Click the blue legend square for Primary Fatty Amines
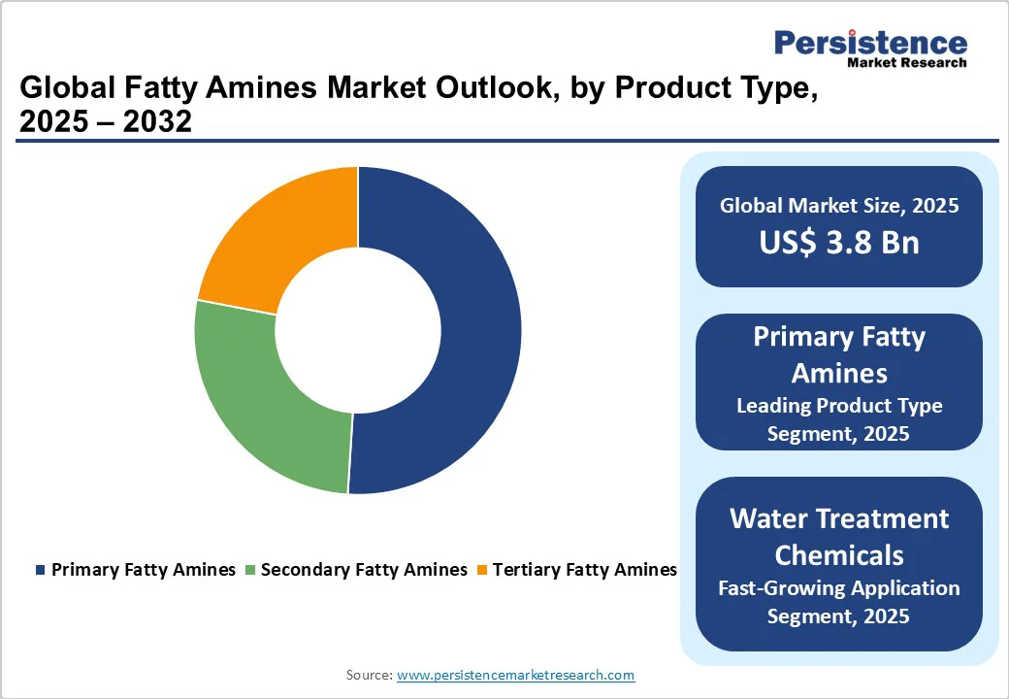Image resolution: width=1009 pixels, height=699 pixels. (x=40, y=571)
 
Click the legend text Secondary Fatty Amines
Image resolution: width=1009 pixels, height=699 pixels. (x=364, y=570)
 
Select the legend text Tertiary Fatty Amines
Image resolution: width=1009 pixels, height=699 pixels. (x=584, y=570)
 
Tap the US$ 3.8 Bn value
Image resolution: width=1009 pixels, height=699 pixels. (x=839, y=243)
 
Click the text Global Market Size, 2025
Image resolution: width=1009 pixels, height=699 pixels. (x=839, y=205)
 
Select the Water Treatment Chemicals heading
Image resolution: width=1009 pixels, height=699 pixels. (x=839, y=536)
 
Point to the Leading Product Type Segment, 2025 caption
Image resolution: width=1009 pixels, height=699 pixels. (x=839, y=419)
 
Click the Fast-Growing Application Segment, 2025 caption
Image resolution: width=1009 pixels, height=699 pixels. (x=839, y=602)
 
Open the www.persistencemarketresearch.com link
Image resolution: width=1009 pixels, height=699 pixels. (x=515, y=675)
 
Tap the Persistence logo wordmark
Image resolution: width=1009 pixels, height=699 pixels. (x=870, y=43)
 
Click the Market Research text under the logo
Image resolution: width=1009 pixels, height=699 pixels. (x=907, y=63)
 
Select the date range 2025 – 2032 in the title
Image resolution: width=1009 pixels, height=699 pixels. (x=106, y=121)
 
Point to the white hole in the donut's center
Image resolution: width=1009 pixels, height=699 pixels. (x=358, y=330)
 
